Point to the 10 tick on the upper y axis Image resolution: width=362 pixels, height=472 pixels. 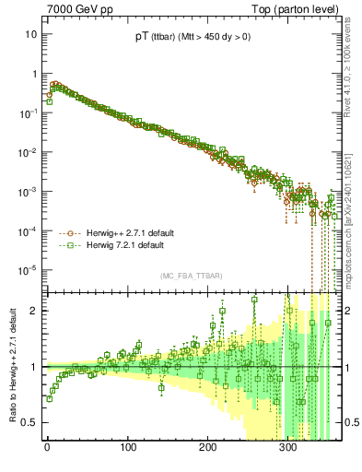30,34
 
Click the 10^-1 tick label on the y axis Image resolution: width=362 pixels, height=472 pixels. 28,112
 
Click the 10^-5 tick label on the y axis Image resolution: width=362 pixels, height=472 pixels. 28,270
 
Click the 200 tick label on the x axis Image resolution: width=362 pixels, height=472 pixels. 207,447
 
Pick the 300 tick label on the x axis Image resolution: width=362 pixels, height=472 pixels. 287,447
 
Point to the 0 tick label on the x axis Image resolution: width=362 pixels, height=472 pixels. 47,447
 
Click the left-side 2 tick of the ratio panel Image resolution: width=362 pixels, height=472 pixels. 33,311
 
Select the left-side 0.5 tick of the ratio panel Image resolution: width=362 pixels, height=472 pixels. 29,422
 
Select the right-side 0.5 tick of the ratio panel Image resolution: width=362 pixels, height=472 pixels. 352,422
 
